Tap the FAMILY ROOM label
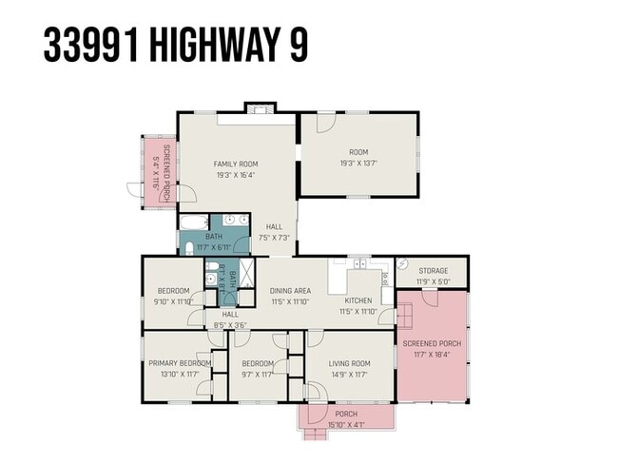pos(235,164)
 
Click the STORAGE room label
pos(433,271)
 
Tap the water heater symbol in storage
pos(403,265)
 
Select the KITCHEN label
pos(358,300)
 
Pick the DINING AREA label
pos(290,291)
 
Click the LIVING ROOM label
pos(349,363)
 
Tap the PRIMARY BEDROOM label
pos(179,363)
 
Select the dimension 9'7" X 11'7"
pos(257,375)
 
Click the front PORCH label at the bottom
pos(345,415)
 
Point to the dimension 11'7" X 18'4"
pos(431,354)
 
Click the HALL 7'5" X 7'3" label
pos(274,232)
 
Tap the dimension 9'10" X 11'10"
pos(173,301)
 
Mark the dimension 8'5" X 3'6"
pos(229,325)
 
